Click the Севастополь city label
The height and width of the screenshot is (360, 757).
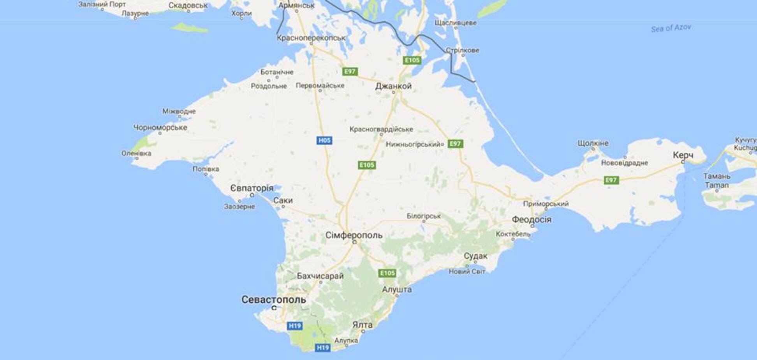pyautogui.click(x=273, y=300)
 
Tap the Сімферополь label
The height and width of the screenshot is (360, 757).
pyautogui.click(x=354, y=235)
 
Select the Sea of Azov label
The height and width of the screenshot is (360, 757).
pyautogui.click(x=671, y=28)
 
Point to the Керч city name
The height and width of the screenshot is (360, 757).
pyautogui.click(x=683, y=155)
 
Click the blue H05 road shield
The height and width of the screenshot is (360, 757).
pyautogui.click(x=324, y=140)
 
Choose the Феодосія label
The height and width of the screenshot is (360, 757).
pyautogui.click(x=531, y=219)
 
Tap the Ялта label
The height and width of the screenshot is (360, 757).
pyautogui.click(x=362, y=325)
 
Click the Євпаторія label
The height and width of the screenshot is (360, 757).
pyautogui.click(x=252, y=188)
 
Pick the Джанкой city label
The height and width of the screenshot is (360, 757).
pyautogui.click(x=393, y=86)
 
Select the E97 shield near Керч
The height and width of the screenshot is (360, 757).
pyautogui.click(x=611, y=180)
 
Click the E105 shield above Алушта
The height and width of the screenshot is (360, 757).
pyautogui.click(x=387, y=273)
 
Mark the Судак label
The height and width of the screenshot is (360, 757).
pyautogui.click(x=475, y=256)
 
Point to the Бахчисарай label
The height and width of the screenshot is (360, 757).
pyautogui.click(x=320, y=276)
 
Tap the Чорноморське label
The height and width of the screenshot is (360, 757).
pyautogui.click(x=160, y=127)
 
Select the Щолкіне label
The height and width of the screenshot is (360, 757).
pyautogui.click(x=593, y=143)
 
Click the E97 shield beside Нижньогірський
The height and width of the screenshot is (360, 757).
pyautogui.click(x=455, y=144)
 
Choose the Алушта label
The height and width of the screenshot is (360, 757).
pyautogui.click(x=396, y=289)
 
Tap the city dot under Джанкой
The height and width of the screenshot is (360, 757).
pyautogui.click(x=393, y=93)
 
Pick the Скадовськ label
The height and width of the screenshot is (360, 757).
pyautogui.click(x=188, y=5)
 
